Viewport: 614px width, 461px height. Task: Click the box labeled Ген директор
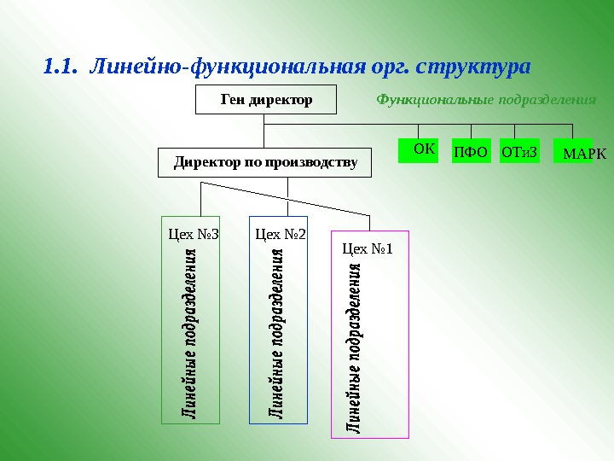(x=267, y=100)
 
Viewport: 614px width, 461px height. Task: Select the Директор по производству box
(x=265, y=162)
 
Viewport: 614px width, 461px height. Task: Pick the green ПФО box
(x=470, y=151)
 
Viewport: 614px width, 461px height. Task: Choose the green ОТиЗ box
(x=520, y=151)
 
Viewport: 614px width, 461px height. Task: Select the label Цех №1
(x=367, y=249)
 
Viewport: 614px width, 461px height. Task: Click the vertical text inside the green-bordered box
(x=191, y=333)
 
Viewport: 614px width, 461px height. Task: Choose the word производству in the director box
(x=311, y=162)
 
